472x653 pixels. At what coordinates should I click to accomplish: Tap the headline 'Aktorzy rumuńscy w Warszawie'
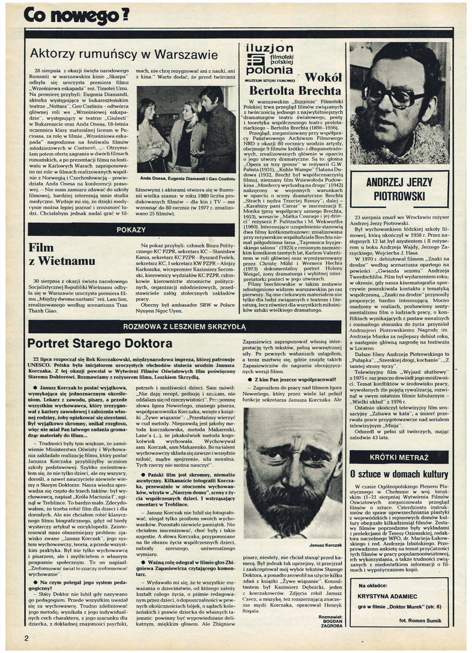[124, 54]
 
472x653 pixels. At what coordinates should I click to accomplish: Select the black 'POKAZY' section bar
[131, 229]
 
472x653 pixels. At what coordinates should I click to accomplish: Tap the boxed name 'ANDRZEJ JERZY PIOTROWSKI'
[399, 189]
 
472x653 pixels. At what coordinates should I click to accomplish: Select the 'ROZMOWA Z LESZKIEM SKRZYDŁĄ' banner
[185, 327]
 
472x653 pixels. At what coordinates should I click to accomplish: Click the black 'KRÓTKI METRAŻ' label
[399, 457]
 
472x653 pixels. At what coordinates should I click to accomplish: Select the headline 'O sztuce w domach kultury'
[399, 474]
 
